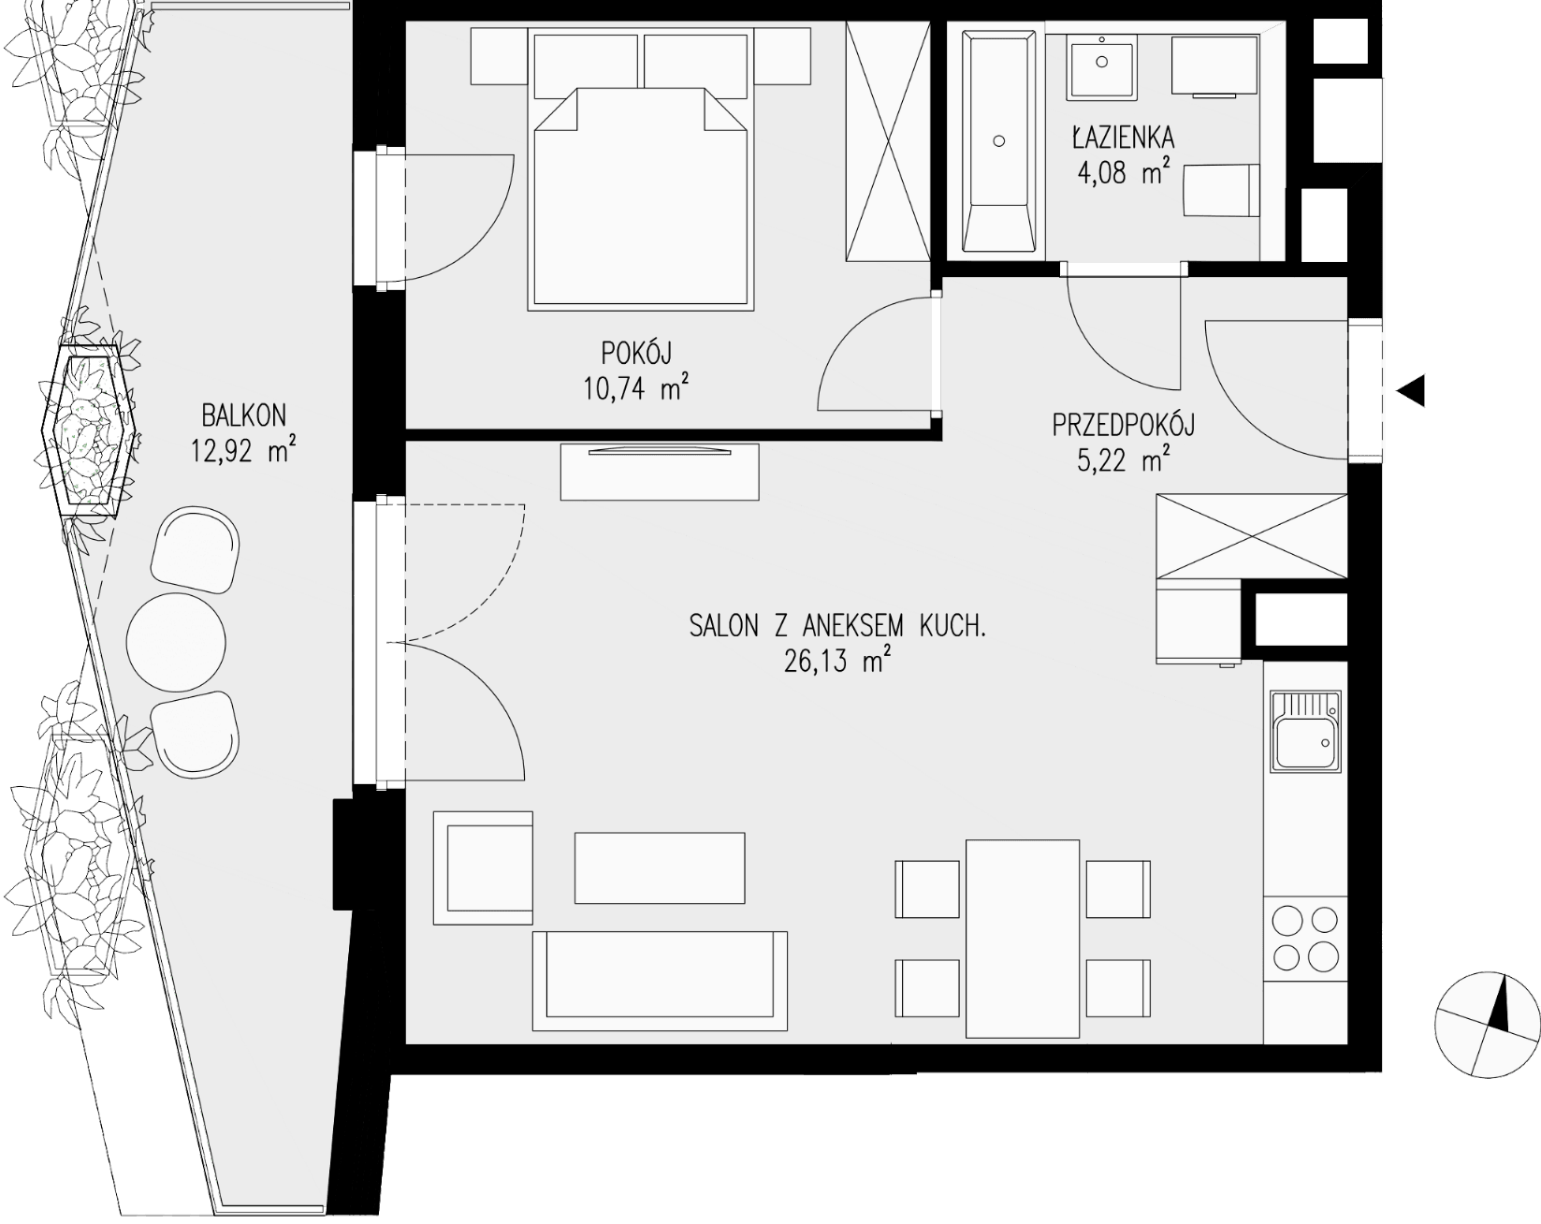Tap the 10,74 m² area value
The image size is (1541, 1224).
click(x=636, y=387)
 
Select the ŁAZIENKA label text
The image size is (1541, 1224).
click(x=1123, y=138)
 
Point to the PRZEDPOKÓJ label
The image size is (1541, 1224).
click(x=1124, y=426)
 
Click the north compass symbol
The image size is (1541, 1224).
click(x=1487, y=1025)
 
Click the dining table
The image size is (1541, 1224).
click(x=1023, y=938)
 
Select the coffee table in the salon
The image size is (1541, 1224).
click(x=660, y=867)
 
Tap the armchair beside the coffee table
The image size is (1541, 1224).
click(x=484, y=867)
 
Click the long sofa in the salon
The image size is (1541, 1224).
click(x=660, y=980)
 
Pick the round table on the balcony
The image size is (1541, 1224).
click(x=176, y=642)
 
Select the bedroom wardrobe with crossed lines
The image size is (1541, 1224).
click(x=887, y=143)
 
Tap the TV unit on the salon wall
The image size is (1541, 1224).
click(x=660, y=473)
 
